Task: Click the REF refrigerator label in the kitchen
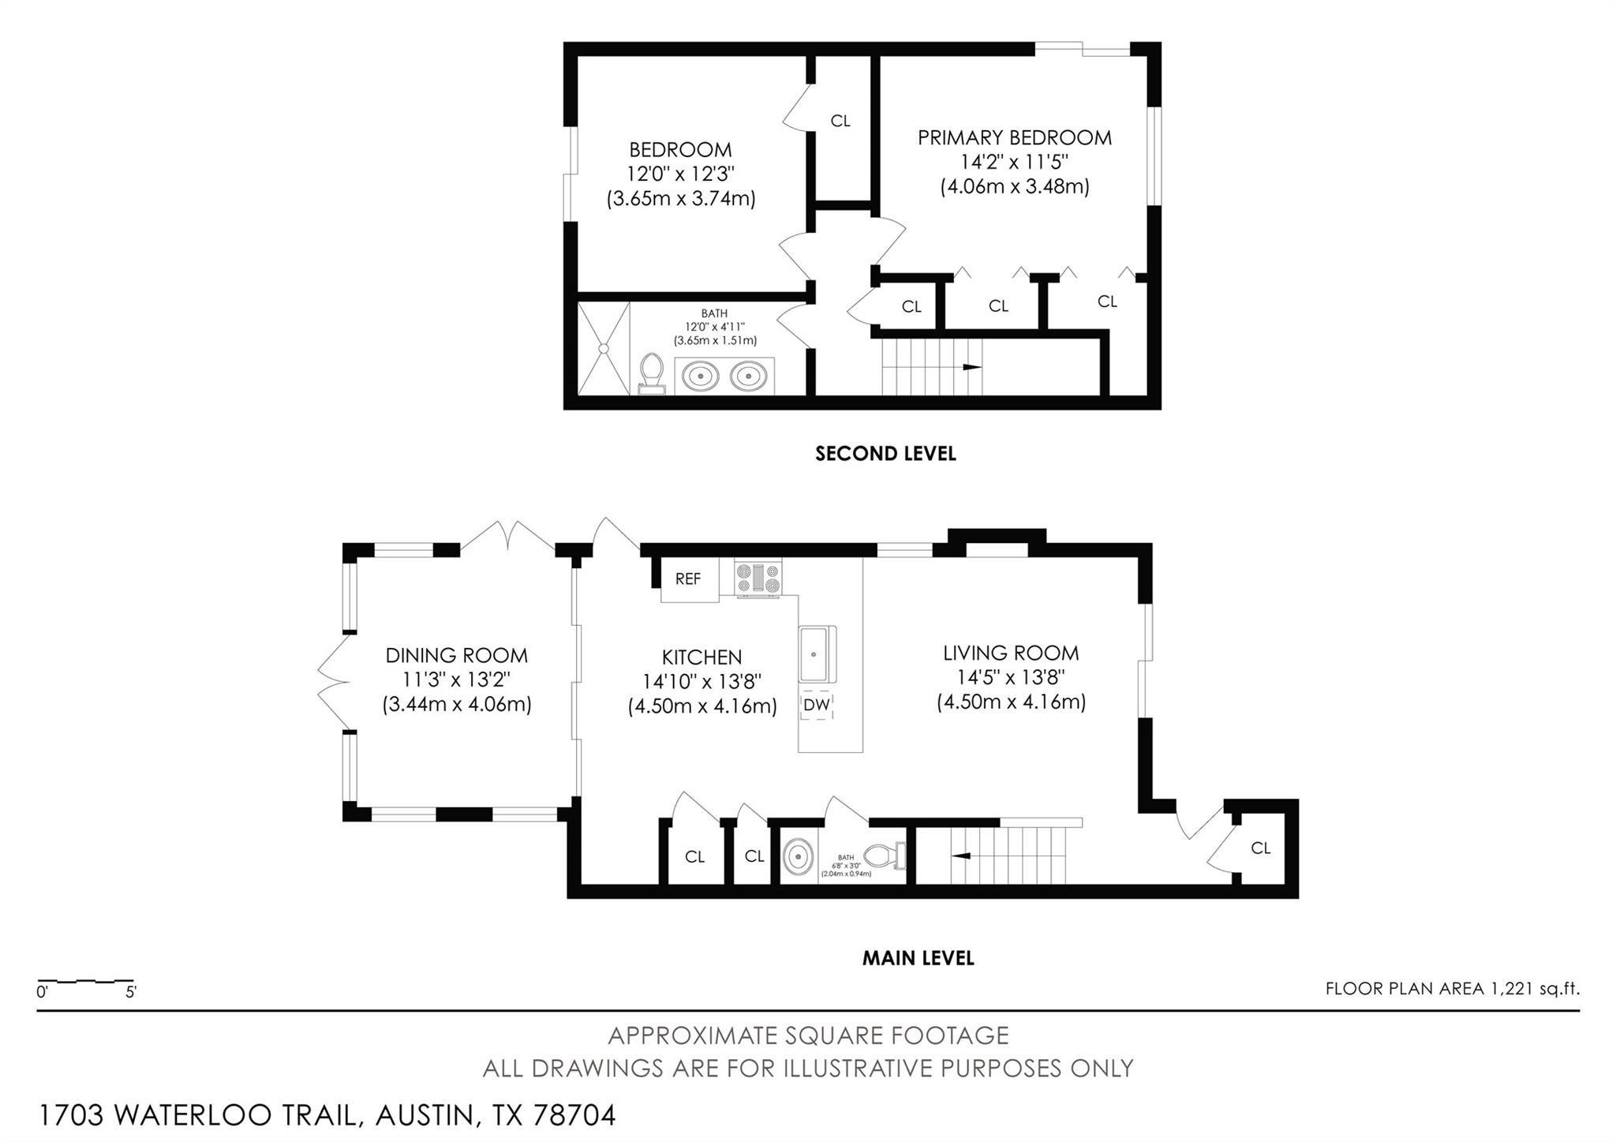click(688, 578)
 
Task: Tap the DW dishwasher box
click(817, 705)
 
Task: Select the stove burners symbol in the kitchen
click(757, 578)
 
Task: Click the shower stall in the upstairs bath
click(604, 347)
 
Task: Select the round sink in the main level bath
click(799, 856)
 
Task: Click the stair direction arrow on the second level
click(971, 368)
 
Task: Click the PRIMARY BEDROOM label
click(1014, 137)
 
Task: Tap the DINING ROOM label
click(456, 655)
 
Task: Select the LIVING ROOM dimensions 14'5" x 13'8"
click(1011, 677)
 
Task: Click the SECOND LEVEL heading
click(885, 454)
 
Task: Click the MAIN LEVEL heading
click(918, 958)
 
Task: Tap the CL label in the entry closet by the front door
click(1260, 848)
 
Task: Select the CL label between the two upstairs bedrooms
click(840, 121)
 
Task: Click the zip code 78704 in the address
click(575, 1115)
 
